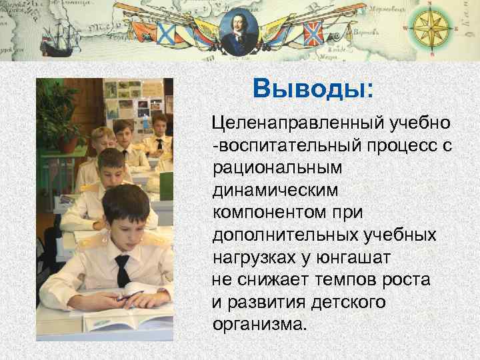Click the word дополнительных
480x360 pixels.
click(286, 235)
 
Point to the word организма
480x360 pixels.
click(260, 325)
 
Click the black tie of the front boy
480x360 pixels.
click(122, 270)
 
